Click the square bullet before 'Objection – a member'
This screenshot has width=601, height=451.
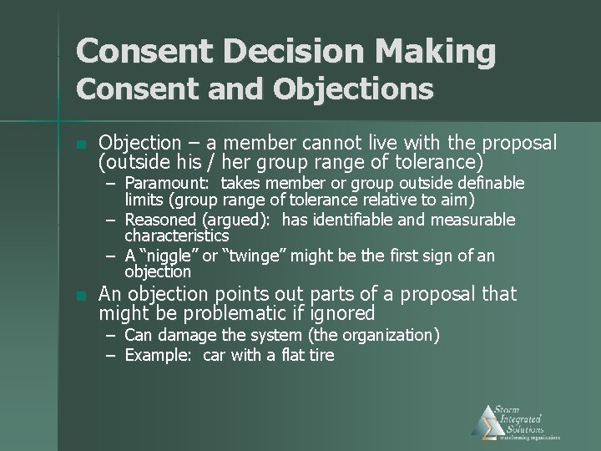[80, 144]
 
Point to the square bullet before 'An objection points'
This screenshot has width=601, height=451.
[80, 296]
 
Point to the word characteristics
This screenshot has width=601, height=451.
[176, 236]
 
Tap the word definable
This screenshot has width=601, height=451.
[493, 183]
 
